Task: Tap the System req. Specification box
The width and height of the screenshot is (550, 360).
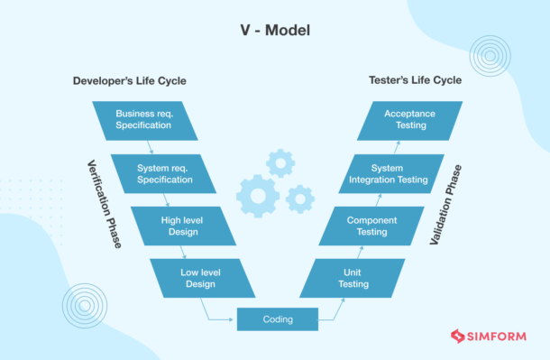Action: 164,173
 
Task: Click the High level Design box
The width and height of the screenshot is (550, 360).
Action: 184,225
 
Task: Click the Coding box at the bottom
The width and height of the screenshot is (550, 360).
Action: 278,318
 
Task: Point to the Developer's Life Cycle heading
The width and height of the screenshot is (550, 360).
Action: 129,81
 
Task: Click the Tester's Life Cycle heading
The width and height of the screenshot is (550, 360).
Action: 415,80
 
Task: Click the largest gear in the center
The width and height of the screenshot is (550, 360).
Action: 257,195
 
